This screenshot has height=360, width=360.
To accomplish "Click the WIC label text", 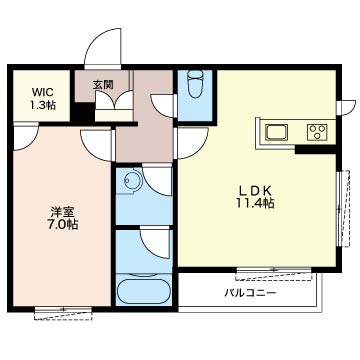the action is (x=42, y=92).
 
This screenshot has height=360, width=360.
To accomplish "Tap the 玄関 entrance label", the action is (x=103, y=85).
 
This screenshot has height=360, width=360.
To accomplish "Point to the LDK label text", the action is (x=255, y=191).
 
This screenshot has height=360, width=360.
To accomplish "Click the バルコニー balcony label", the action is (x=250, y=293).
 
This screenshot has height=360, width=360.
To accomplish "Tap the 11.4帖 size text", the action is (x=256, y=203).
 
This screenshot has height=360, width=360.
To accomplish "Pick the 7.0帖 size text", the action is (x=62, y=225).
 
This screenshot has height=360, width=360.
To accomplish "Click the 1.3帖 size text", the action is (x=43, y=105).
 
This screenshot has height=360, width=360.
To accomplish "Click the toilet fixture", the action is (x=195, y=85).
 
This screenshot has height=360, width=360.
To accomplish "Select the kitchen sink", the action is (x=276, y=132).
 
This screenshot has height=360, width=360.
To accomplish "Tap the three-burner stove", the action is (x=317, y=132).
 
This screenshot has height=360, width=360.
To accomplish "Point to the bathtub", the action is (x=143, y=291).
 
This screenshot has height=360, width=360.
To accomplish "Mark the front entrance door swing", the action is (x=103, y=49).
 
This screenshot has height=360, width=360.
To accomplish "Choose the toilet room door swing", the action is (x=164, y=106).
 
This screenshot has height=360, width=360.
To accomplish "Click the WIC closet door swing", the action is (x=26, y=137).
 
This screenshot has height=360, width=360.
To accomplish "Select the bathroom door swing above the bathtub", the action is (x=155, y=243).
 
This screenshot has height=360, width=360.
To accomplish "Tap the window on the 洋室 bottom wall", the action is (x=63, y=313).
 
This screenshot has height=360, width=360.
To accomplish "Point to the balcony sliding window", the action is (x=273, y=274).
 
